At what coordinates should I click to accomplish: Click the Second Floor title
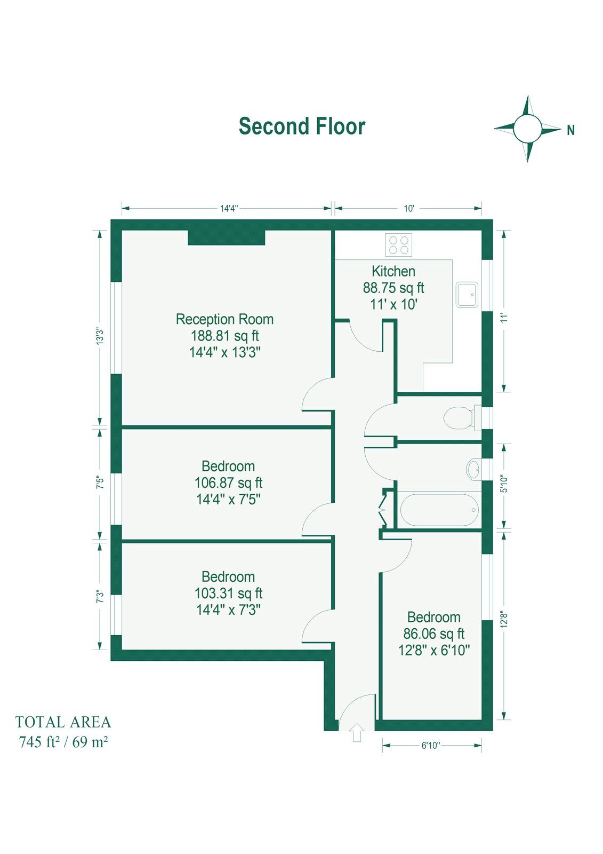pyautogui.click(x=302, y=126)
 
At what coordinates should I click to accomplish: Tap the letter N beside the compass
pyautogui.click(x=570, y=130)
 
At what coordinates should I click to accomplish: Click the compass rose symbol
pyautogui.click(x=527, y=129)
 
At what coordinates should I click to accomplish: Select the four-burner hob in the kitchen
pyautogui.click(x=399, y=245)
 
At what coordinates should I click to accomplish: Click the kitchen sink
pyautogui.click(x=467, y=295)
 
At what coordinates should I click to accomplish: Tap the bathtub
pyautogui.click(x=439, y=510)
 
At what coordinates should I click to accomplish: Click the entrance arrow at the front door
pyautogui.click(x=357, y=732)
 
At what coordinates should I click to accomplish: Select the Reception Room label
pyautogui.click(x=224, y=319)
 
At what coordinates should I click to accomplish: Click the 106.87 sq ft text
pyautogui.click(x=228, y=483)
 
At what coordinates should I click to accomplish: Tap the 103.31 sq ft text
pyautogui.click(x=228, y=594)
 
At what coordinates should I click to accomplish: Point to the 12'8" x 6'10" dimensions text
pyautogui.click(x=433, y=650)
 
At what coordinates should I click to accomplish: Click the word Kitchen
pyautogui.click(x=393, y=271)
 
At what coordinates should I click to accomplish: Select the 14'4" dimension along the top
pyautogui.click(x=228, y=209)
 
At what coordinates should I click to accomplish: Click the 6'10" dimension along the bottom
pyautogui.click(x=430, y=746)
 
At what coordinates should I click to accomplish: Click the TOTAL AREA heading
pyautogui.click(x=63, y=722)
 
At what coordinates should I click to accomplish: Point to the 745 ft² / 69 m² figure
pyautogui.click(x=63, y=742)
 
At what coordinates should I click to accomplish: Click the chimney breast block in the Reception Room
pyautogui.click(x=226, y=237)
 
